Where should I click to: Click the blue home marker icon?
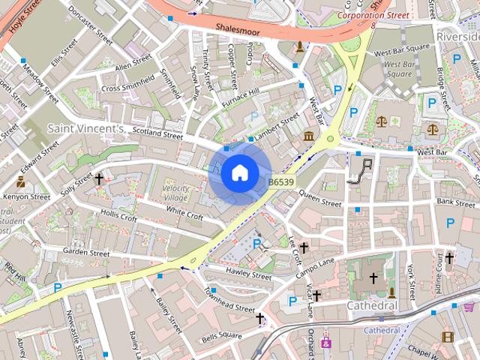click(x=238, y=172)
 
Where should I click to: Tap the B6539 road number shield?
click(x=280, y=181)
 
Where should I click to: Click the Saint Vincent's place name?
click(x=86, y=129)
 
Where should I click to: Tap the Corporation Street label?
click(x=373, y=15)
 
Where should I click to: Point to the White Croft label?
click(x=184, y=214)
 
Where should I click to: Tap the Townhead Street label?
click(x=229, y=303)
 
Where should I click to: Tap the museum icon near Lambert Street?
click(x=310, y=136)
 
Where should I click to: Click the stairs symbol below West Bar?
click(x=364, y=169)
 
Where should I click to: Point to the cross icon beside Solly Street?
click(x=99, y=178)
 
